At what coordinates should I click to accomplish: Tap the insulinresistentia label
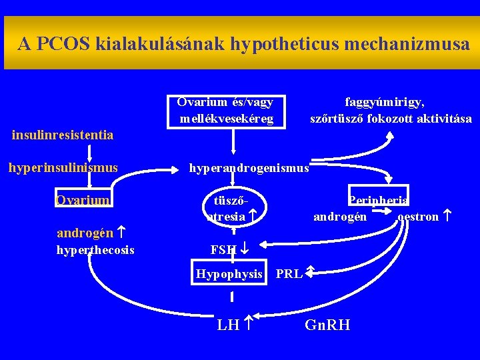[63, 135]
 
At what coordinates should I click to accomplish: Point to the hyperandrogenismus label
[249, 168]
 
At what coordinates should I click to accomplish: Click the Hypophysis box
[229, 274]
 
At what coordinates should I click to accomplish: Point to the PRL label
[289, 274]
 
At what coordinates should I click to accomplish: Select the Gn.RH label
[327, 325]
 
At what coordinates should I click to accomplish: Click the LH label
[228, 325]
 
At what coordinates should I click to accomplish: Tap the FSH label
[223, 250]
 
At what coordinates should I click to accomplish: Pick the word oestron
[418, 217]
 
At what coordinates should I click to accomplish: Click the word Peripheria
[378, 200]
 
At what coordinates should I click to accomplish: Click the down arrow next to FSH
[244, 250]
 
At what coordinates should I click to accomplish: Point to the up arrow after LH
[247, 325]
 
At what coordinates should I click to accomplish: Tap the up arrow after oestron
[447, 216]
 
